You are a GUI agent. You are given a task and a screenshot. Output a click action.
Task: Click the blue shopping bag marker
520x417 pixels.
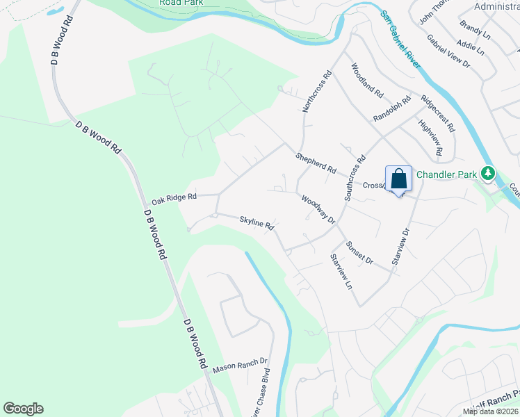point(399,179)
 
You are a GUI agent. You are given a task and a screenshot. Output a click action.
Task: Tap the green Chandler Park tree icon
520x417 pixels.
point(489,172)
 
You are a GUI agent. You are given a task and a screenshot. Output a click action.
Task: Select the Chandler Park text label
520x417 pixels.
point(446,174)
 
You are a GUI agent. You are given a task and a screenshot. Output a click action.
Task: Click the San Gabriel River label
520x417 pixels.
point(400,39)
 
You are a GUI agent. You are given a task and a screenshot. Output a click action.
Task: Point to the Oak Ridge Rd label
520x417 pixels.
point(174,198)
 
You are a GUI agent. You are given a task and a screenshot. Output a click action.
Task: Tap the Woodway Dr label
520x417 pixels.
point(318,209)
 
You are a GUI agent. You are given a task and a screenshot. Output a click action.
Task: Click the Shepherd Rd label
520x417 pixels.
point(316,164)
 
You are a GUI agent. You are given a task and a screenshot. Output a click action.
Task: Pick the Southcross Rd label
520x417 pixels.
point(355,178)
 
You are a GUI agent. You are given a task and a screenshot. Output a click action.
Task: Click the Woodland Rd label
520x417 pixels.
point(367,81)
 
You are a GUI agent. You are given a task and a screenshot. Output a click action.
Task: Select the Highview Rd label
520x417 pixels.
point(430,137)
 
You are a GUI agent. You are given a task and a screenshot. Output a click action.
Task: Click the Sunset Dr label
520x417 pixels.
point(360,252)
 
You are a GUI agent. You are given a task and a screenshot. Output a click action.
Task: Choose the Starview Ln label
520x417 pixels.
point(341,271)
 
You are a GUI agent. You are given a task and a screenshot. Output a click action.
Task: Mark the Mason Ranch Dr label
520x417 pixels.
point(240,364)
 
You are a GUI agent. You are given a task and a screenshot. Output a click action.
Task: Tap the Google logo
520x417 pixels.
point(23,409)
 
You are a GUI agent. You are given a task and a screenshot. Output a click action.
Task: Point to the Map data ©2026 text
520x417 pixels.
point(490,411)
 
